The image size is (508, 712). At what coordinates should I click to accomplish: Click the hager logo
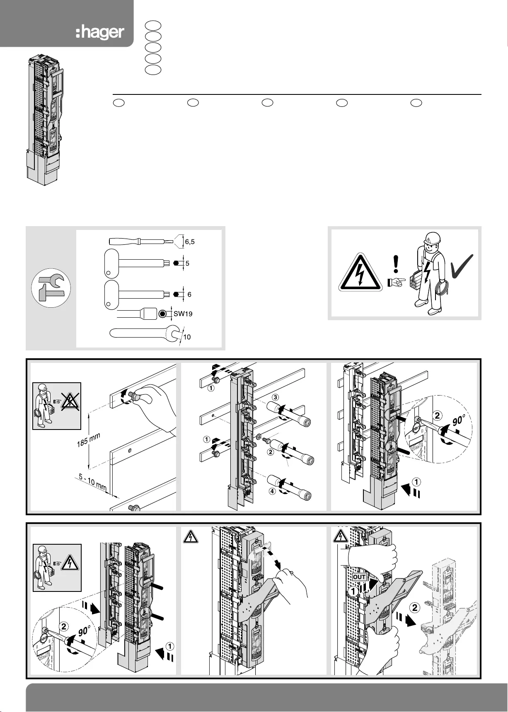click(x=100, y=32)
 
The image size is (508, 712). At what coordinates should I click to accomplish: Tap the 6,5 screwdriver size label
click(x=190, y=242)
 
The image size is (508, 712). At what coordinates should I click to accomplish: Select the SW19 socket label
click(x=183, y=314)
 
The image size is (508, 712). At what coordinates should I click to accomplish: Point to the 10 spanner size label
click(x=187, y=337)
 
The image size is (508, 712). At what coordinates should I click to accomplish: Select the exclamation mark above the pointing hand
click(x=396, y=265)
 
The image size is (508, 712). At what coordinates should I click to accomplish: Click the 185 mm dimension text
click(x=89, y=441)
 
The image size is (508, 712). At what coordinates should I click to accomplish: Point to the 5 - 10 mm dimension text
click(x=94, y=483)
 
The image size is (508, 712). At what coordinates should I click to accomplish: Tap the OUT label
click(x=359, y=577)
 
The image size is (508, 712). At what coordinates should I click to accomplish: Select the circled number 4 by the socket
click(x=272, y=492)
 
